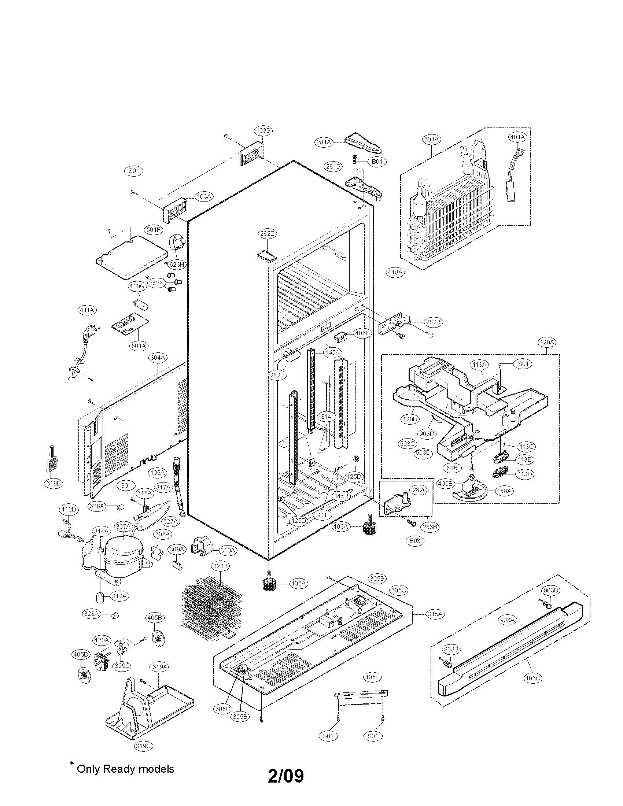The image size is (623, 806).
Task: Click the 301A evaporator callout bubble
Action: click(431, 139)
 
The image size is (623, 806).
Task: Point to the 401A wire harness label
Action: click(517, 137)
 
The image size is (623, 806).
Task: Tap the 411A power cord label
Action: click(87, 310)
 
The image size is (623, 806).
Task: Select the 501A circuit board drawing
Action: click(130, 323)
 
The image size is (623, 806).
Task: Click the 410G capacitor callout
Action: click(136, 286)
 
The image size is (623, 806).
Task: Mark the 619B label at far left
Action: click(53, 484)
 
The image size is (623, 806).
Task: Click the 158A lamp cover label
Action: click(504, 491)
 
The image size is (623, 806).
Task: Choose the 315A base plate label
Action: click(435, 614)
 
